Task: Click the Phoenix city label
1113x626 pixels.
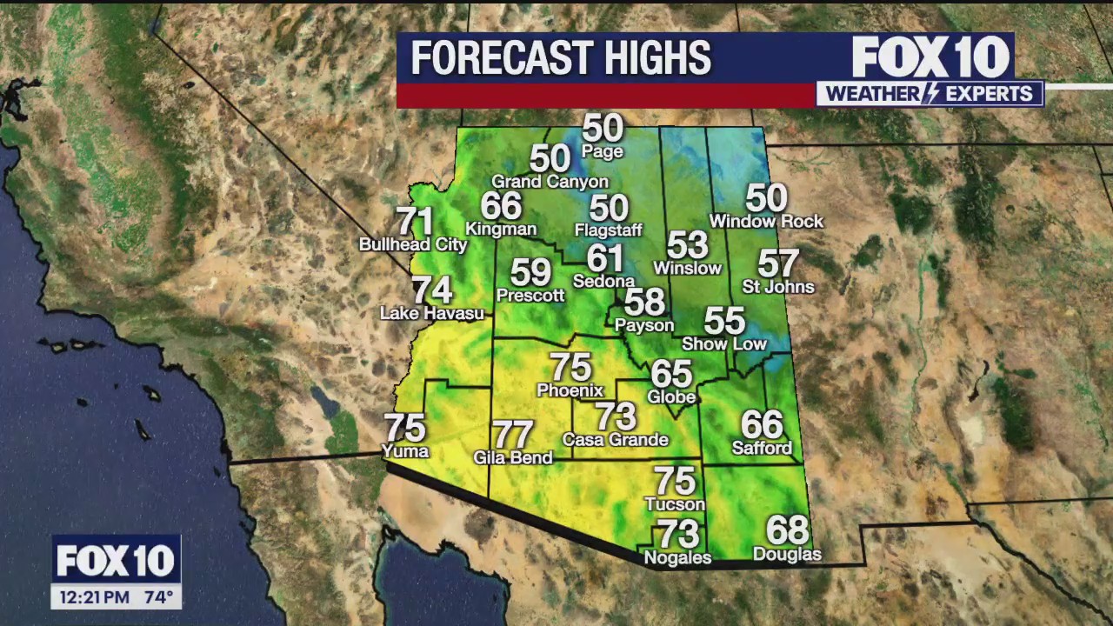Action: [x=570, y=390]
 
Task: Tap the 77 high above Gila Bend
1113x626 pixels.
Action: [x=512, y=434]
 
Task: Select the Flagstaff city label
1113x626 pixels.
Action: [x=608, y=230]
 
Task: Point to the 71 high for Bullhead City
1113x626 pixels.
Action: [x=414, y=222]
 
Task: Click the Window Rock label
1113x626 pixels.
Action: [x=766, y=222]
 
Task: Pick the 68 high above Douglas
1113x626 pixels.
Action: [x=787, y=530]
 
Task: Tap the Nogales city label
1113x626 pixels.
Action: [x=677, y=558]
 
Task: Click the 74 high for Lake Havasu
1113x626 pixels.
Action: [x=432, y=290]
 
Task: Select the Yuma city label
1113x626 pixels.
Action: [x=405, y=451]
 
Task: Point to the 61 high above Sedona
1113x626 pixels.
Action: [x=605, y=258]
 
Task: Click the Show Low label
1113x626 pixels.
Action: [x=724, y=344]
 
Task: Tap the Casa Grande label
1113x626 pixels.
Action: [x=616, y=440]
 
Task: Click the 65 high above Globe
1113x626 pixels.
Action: [x=671, y=374]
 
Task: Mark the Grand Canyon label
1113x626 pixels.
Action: [x=550, y=182]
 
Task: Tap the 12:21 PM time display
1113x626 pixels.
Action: [x=95, y=597]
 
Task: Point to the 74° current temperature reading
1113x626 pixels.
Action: [x=157, y=597]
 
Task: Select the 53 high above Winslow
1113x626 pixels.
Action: [x=687, y=245]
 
